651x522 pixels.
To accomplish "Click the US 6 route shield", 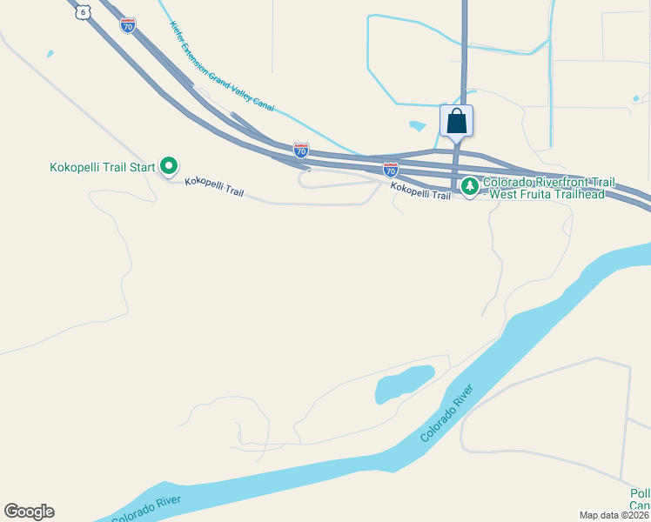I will tap(82, 11).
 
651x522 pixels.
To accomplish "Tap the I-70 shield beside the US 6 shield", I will tap(128, 25).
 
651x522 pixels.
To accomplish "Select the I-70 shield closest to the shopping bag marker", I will tap(391, 169).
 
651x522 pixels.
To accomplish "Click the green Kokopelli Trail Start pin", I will tap(170, 165).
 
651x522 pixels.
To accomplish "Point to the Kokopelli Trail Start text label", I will tap(103, 166).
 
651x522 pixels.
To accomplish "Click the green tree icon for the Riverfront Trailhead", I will tap(470, 186).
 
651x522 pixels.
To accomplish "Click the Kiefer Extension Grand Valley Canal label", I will tap(223, 68).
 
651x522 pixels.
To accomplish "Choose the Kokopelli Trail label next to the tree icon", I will tap(420, 191).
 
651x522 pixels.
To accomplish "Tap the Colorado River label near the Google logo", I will tap(146, 507).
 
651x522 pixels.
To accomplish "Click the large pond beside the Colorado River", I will tap(404, 383).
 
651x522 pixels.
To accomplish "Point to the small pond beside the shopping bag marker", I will tap(418, 126).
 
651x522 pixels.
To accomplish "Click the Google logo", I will tap(29, 512).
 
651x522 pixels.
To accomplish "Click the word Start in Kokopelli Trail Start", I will tap(142, 166).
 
